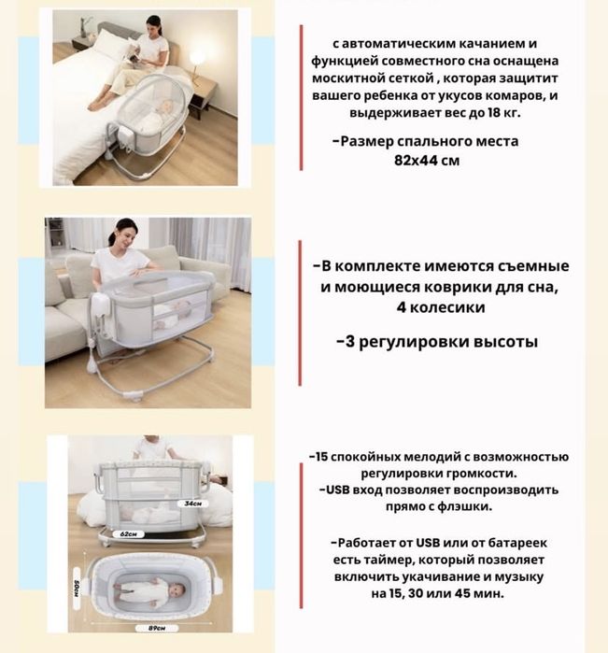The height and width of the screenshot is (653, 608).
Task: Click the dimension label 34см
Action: [192, 504]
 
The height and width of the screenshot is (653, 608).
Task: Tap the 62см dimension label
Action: [128, 534]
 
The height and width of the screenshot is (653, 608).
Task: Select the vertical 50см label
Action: [77, 589]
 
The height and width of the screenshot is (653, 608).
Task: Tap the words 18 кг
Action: [503, 113]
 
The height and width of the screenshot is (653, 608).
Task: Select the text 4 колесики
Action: [441, 307]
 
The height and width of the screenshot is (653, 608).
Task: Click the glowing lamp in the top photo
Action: [196, 57]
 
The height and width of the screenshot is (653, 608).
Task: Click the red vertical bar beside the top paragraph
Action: [301, 97]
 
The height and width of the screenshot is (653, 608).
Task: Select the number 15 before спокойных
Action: [322, 457]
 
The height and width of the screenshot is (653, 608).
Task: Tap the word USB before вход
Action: [338, 490]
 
